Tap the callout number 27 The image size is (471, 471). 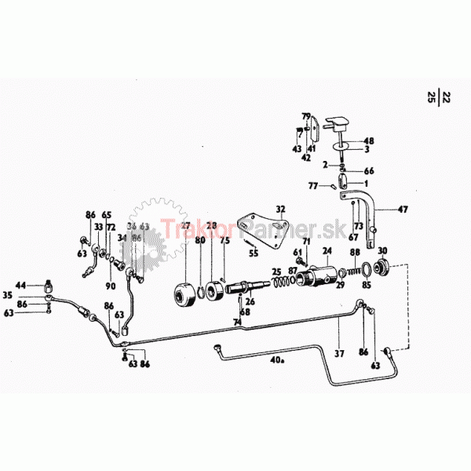[186, 226]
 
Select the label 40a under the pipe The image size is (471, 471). [276, 362]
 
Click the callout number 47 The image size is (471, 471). [403, 210]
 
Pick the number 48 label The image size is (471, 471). [369, 142]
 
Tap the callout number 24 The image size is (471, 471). [327, 251]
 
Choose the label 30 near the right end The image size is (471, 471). [383, 251]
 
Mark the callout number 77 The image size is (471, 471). [312, 187]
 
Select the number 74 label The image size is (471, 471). [236, 322]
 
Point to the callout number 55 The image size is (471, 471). [253, 254]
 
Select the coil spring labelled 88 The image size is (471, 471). [357, 272]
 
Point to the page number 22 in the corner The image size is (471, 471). [447, 97]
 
